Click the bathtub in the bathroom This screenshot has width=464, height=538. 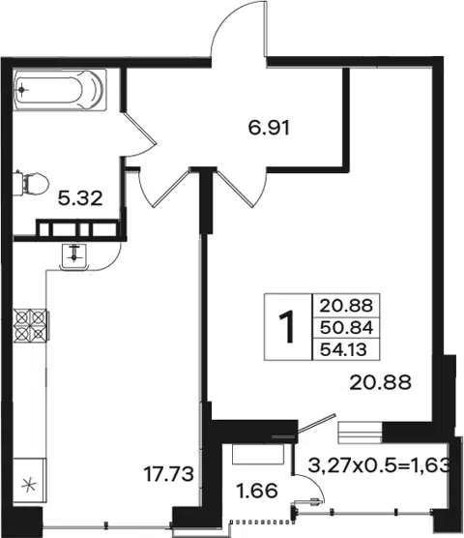click(x=60, y=90)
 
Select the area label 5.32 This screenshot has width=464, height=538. click(x=80, y=198)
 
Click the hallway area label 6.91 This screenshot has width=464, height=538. click(x=269, y=128)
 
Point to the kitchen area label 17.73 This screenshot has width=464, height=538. click(x=168, y=474)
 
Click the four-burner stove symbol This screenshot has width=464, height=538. click(x=31, y=324)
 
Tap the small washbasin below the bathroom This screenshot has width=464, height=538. click(x=73, y=256)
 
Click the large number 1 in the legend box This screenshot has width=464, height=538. click(x=287, y=326)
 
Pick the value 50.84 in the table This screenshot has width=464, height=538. click(x=346, y=328)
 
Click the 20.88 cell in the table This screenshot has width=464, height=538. click(x=346, y=306)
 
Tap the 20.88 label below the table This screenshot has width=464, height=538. click(x=381, y=382)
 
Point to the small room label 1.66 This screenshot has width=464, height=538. click(x=257, y=491)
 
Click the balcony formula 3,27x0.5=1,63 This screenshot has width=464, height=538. click(x=379, y=465)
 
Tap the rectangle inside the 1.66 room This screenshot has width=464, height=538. click(x=258, y=454)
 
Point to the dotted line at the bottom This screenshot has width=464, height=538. click(x=262, y=522)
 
